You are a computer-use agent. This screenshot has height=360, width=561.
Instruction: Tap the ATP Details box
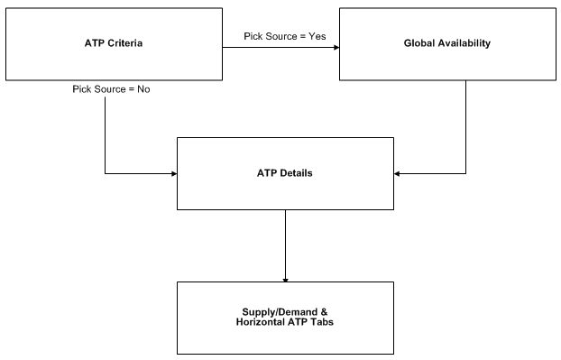pyautogui.click(x=285, y=173)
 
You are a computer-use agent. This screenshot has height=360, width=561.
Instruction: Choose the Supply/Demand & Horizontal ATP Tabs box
pyautogui.click(x=285, y=318)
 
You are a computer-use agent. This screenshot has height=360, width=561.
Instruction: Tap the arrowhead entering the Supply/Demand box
pyautogui.click(x=285, y=278)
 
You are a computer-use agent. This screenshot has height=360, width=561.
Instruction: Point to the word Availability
pyautogui.click(x=464, y=42)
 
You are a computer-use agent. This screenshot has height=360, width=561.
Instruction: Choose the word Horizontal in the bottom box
pyautogui.click(x=260, y=323)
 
